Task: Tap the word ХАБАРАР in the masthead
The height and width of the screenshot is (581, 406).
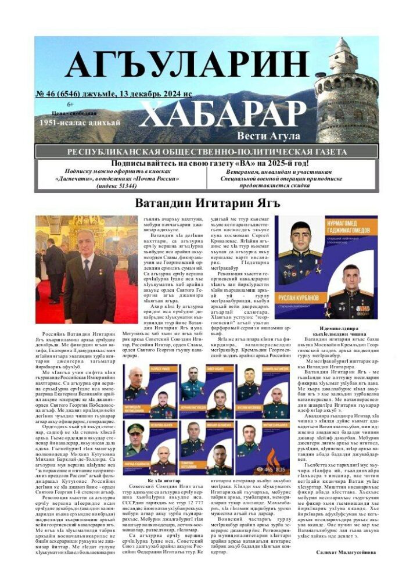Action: point(228,114)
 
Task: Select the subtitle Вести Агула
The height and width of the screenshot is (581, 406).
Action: point(268,136)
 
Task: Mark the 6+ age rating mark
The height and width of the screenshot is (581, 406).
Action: point(71,104)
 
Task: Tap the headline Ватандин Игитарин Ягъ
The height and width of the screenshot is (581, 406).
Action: point(207,203)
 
